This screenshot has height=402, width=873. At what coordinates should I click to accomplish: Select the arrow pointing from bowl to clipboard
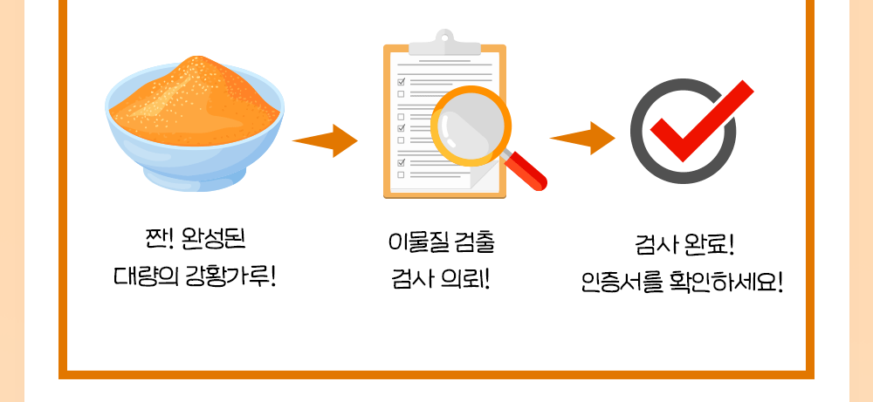pyautogui.click(x=325, y=140)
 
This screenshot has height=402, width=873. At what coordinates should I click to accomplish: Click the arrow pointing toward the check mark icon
pyautogui.click(x=581, y=139)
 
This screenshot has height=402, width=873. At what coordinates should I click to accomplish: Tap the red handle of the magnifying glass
pyautogui.click(x=526, y=170)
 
